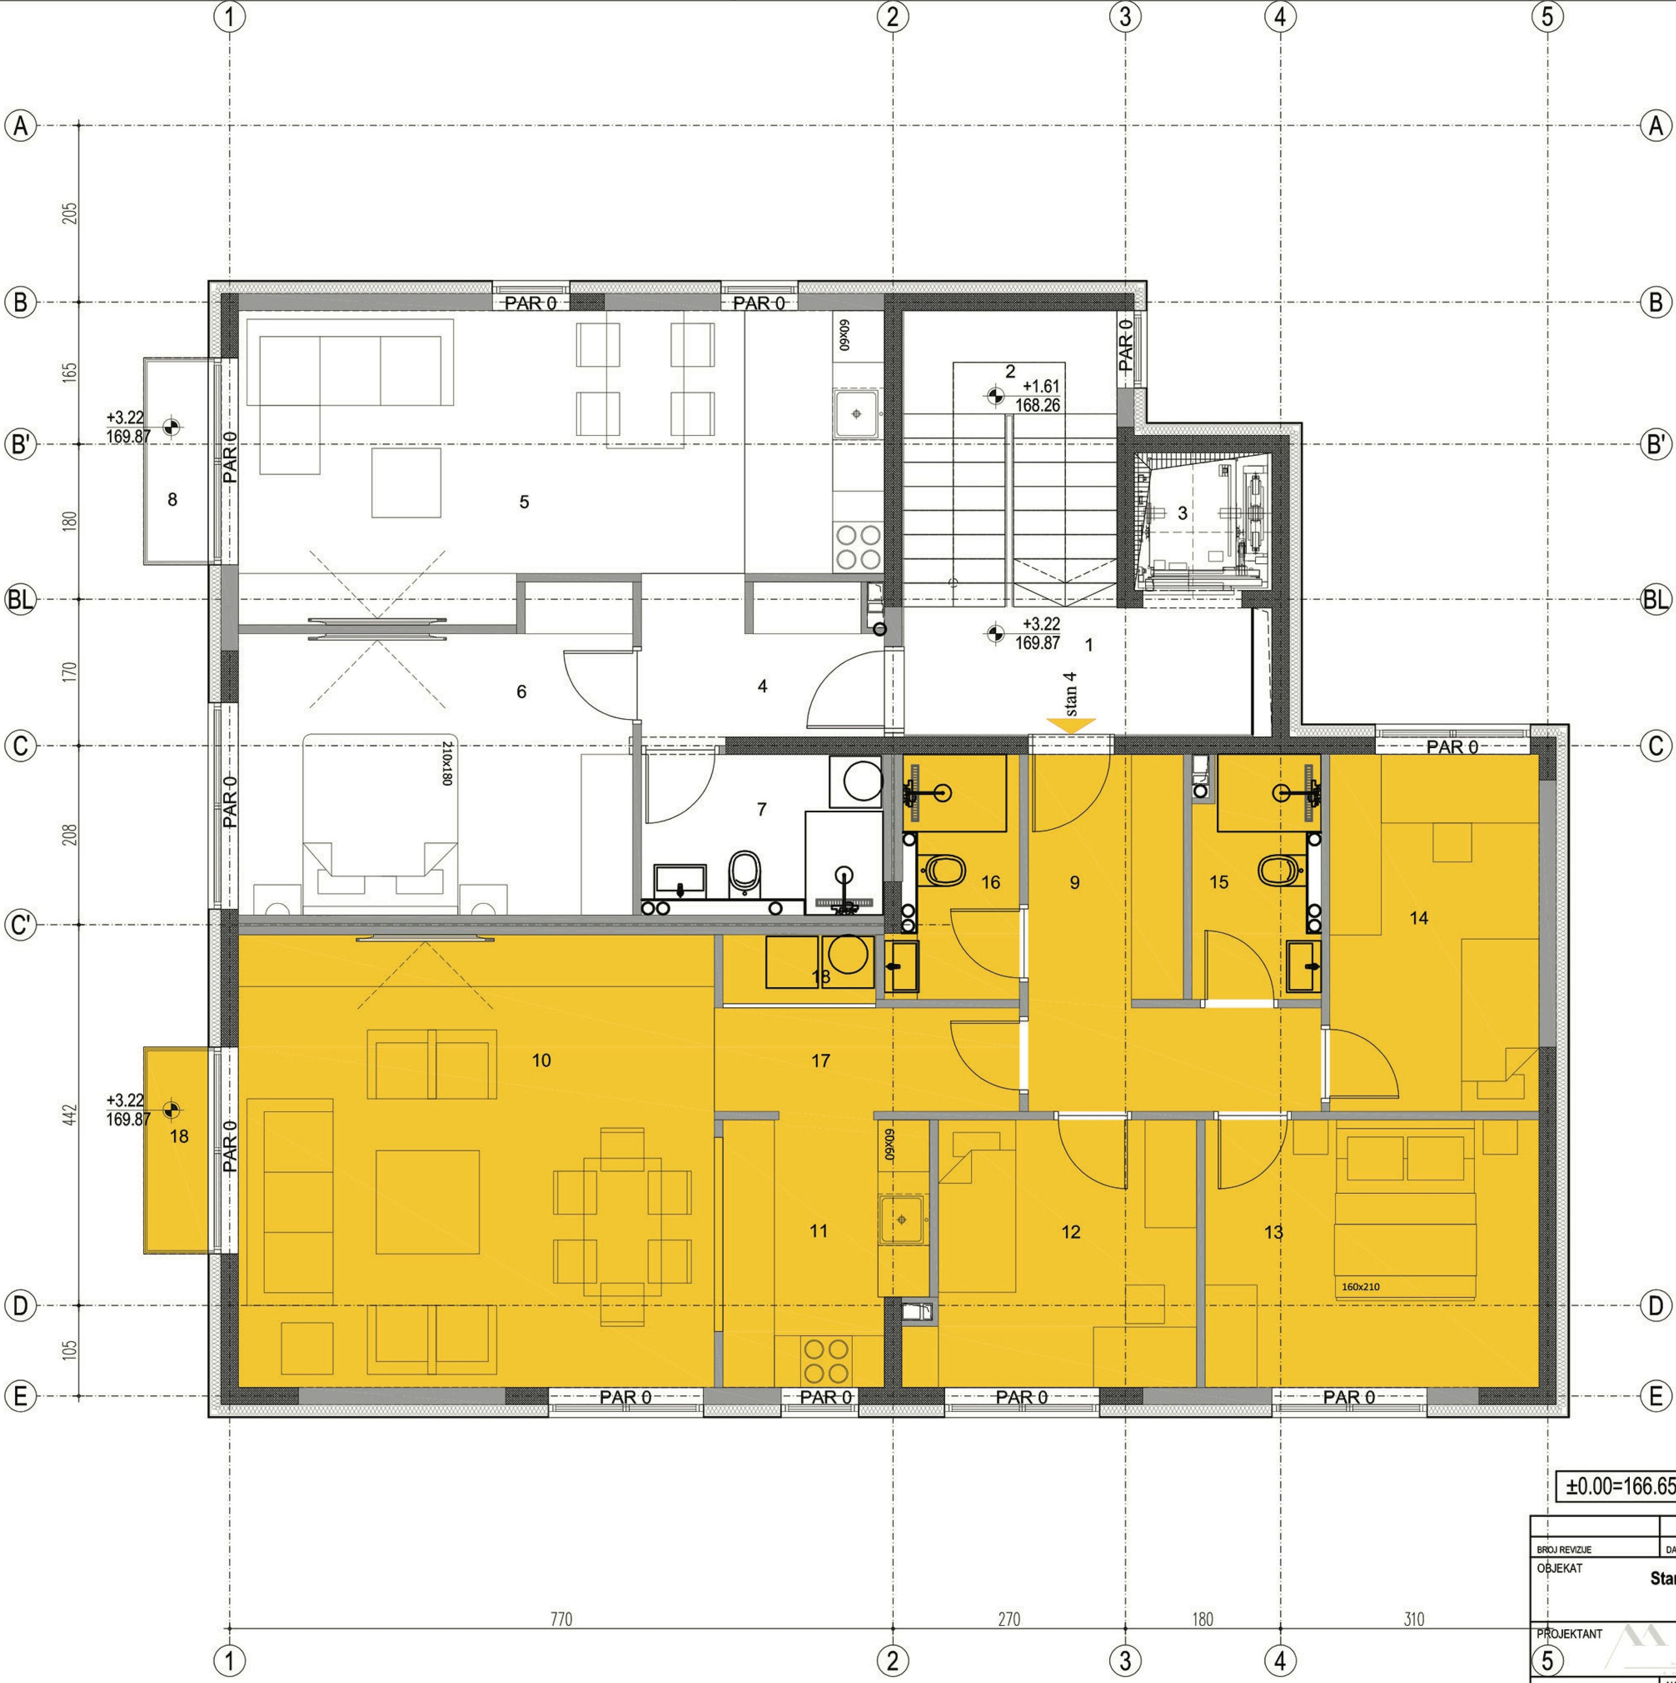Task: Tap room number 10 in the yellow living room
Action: click(541, 1060)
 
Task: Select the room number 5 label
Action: click(524, 502)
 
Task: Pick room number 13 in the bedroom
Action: click(1274, 1232)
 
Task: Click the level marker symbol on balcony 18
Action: click(172, 1110)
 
